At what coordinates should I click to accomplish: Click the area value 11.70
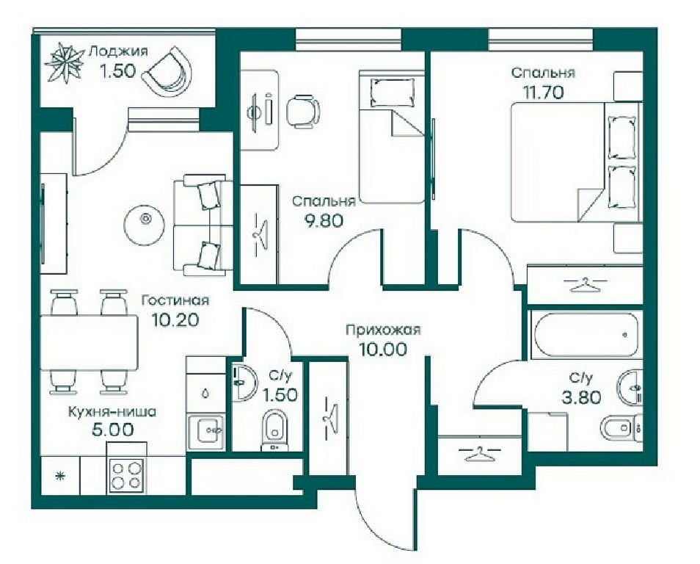pyautogui.click(x=543, y=92)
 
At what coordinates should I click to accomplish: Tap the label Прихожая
pyautogui.click(x=384, y=330)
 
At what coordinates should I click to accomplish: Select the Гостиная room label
pyautogui.click(x=175, y=300)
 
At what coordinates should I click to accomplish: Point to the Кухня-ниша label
pyautogui.click(x=112, y=411)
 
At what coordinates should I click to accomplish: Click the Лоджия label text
pyautogui.click(x=118, y=51)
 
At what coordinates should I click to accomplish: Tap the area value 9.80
pyautogui.click(x=324, y=220)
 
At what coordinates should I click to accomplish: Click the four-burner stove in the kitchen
pyautogui.click(x=127, y=476)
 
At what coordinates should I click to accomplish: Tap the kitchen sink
pyautogui.click(x=206, y=430)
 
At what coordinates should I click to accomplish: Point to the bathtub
pyautogui.click(x=586, y=334)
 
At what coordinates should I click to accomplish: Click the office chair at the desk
pyautogui.click(x=303, y=110)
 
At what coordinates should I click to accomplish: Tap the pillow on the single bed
pyautogui.click(x=392, y=92)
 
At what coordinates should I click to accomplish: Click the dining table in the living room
pyautogui.click(x=89, y=342)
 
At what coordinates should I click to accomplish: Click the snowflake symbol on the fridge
pyautogui.click(x=59, y=477)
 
